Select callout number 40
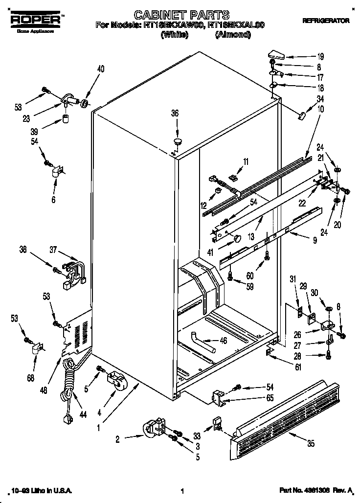100,69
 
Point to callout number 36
175,113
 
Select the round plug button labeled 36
177,142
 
